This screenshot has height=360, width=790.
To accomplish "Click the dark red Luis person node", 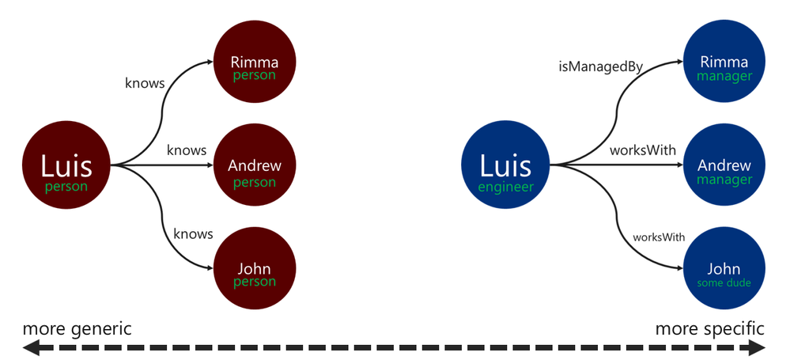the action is point(66,165).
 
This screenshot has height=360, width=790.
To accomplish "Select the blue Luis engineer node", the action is point(505,165).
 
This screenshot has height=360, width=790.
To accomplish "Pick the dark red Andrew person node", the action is point(255,165).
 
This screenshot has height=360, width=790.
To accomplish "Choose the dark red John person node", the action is point(255,267).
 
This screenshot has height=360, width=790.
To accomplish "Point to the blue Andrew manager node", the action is point(724,165).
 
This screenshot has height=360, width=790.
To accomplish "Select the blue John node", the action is point(724,267).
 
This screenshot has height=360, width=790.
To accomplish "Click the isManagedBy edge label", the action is point(600,66).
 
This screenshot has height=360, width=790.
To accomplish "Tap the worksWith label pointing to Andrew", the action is point(643,150).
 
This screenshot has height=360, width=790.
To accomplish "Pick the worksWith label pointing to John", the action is point(659,237).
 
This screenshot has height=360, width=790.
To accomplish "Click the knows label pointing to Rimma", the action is point(145,83).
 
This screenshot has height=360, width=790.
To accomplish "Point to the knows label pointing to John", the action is point(194,234).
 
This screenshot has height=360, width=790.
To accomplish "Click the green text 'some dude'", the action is point(724,283).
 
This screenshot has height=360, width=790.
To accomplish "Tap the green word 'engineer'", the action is point(505,187).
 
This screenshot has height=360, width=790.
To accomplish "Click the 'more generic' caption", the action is point(77,329).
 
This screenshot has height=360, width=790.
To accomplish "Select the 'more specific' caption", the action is point(710,329).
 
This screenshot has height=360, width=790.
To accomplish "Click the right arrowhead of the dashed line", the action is point(758,347).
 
